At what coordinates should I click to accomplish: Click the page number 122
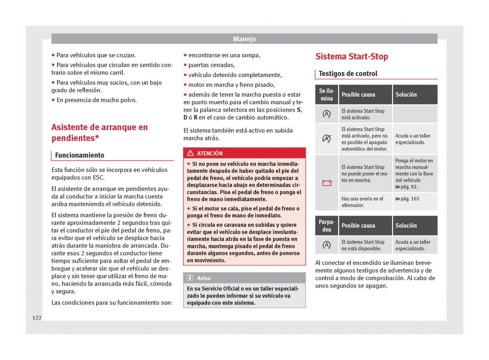(37, 318)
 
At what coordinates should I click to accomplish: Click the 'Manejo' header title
(244, 39)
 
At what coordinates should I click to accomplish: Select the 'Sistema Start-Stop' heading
(351, 57)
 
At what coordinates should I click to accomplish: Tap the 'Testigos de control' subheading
(348, 74)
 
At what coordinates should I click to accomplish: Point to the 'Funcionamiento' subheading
(79, 155)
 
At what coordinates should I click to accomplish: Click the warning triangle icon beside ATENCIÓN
(190, 154)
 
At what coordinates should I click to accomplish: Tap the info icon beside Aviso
(190, 278)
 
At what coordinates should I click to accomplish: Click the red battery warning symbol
(327, 183)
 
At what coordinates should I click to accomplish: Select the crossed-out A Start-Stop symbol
(327, 139)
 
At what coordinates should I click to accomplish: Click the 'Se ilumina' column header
(327, 94)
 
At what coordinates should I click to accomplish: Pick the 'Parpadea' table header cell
(327, 226)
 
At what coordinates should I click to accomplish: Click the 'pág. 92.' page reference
(406, 187)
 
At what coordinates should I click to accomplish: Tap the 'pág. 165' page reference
(407, 199)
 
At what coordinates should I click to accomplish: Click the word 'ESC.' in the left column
(98, 178)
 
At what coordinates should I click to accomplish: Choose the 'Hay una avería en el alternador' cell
(362, 202)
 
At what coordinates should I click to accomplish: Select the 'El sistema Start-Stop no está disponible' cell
(363, 245)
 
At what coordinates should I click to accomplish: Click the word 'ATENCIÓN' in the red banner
(209, 154)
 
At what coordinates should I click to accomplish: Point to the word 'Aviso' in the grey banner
(204, 278)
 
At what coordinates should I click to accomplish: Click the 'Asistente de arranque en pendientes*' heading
(99, 132)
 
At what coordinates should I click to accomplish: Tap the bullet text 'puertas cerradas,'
(211, 65)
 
